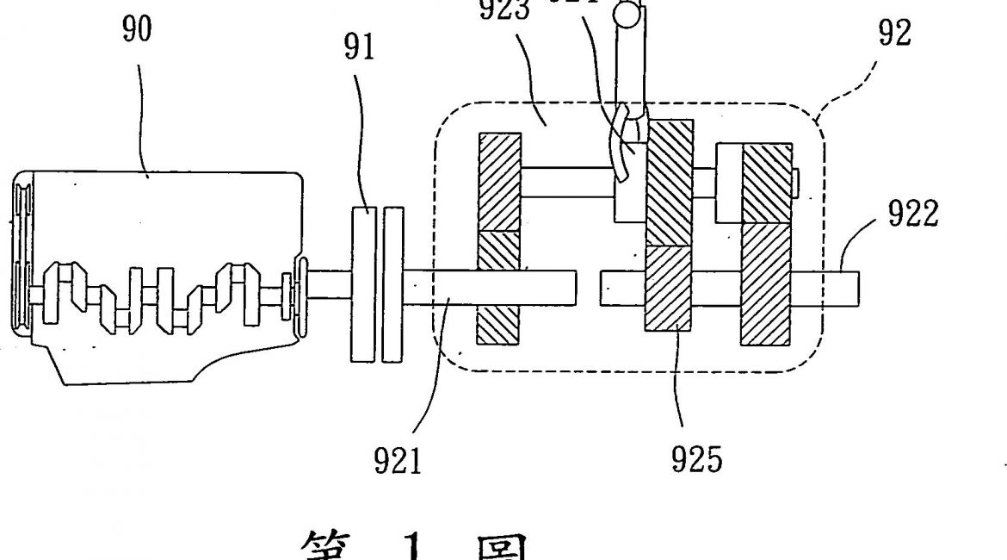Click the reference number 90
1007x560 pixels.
click(137, 29)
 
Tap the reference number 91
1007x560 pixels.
click(359, 48)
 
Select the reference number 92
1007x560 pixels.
click(894, 34)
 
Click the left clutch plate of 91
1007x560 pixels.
click(361, 283)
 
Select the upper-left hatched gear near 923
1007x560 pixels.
click(499, 182)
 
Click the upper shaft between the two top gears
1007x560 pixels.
click(568, 183)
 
